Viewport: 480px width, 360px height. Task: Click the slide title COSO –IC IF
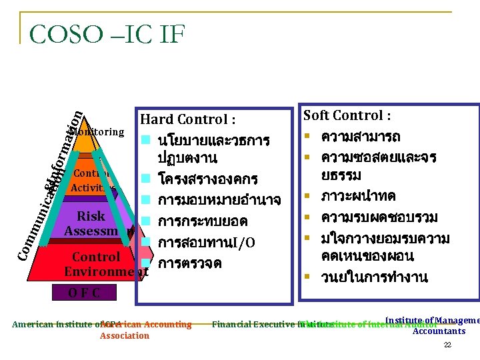point(107,34)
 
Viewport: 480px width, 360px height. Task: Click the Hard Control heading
point(187,120)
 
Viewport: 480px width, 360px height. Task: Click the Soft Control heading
point(347,115)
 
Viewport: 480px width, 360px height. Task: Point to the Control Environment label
point(105,264)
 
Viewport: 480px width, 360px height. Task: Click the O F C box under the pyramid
point(84,292)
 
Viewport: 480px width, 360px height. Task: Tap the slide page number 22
point(447,345)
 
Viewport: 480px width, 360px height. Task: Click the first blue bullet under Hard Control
point(145,141)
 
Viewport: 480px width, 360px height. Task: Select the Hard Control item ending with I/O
point(207,242)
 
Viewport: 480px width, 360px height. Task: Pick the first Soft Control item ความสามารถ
point(361,137)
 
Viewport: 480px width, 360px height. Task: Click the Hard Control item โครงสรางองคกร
point(207,180)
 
